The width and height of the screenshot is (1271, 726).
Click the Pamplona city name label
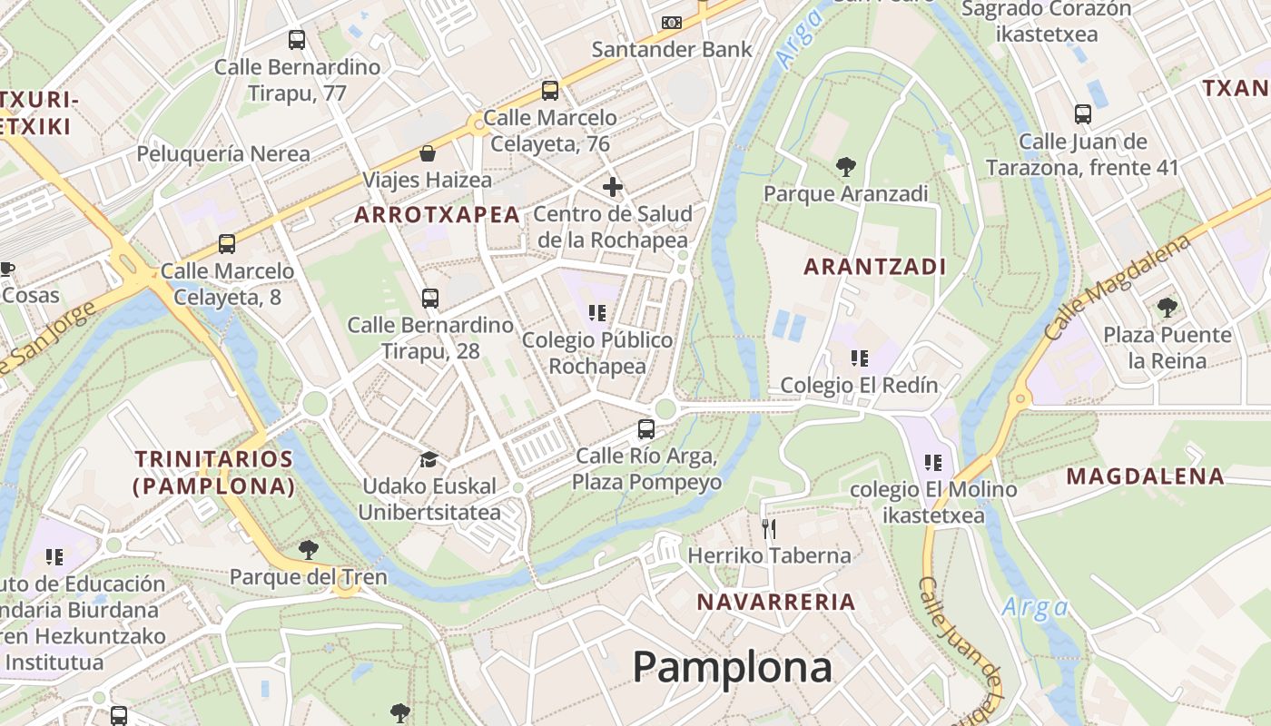coord(732,667)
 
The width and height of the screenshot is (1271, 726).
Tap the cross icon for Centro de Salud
coord(613,187)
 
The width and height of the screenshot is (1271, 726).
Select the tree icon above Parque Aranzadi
coord(845,167)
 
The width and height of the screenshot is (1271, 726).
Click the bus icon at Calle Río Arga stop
coord(646,429)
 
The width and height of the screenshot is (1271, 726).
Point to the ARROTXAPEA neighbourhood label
coord(438,215)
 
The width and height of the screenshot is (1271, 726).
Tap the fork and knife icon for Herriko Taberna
coord(769,528)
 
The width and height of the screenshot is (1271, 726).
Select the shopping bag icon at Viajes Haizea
coord(427,153)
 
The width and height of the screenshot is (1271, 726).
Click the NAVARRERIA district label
coord(776,602)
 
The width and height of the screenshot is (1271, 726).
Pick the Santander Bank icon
coord(672,22)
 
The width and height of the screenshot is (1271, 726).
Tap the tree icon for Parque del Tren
coord(309,549)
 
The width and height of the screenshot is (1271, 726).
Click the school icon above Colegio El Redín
coord(859,358)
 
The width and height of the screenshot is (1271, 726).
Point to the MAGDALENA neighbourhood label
coord(1145,476)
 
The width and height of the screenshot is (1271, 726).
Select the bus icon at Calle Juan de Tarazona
coord(1082,114)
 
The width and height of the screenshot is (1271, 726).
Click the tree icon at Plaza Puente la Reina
coord(1167,308)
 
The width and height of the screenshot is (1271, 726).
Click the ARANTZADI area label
coord(875,267)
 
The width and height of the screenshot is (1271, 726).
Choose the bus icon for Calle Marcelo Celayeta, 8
coord(227,244)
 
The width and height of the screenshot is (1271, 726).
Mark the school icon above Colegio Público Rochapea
coord(596,313)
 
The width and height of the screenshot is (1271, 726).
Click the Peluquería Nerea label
coord(223,154)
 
